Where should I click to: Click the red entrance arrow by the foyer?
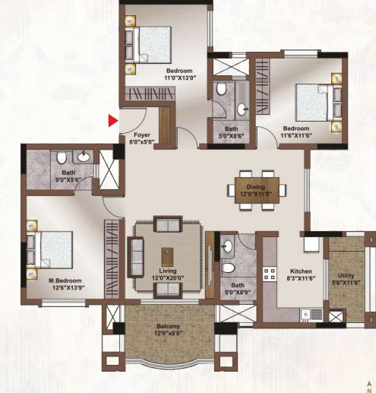(x=113, y=121)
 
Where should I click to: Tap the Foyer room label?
(x=142, y=135)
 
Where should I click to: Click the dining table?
(x=257, y=190)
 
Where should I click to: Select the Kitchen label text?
(x=301, y=271)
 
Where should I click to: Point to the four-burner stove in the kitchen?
(x=270, y=274)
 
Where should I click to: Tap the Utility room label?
(x=346, y=276)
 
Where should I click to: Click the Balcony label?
(x=168, y=326)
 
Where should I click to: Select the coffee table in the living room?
(x=167, y=256)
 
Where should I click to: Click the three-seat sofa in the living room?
(x=136, y=257)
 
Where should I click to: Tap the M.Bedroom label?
(x=65, y=280)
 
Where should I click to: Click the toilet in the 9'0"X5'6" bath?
(x=61, y=157)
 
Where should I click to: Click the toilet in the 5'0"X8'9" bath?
(x=228, y=268)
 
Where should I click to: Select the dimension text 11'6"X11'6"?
(x=296, y=135)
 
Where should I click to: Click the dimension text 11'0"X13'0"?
(x=180, y=78)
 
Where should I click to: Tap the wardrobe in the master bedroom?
(x=112, y=259)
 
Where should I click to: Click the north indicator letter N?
(x=370, y=391)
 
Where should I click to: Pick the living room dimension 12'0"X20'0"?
(x=168, y=278)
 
